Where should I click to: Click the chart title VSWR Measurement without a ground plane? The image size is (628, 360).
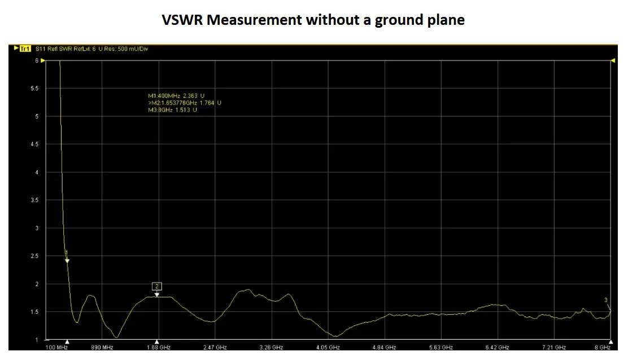[x=313, y=20]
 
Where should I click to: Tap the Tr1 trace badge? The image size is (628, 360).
[x=25, y=49]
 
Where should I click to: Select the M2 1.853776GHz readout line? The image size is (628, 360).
[x=185, y=103]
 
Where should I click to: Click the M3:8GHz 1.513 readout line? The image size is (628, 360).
[x=172, y=110]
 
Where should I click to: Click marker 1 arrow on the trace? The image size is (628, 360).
[x=67, y=260]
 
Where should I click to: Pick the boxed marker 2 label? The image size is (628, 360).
[x=157, y=286]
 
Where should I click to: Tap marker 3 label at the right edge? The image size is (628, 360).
[x=606, y=300]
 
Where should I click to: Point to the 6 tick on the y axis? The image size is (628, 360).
[x=37, y=60]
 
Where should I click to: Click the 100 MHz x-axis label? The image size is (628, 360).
[x=56, y=348]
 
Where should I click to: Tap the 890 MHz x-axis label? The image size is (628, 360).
[x=102, y=348]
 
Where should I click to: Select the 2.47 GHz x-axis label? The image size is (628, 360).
[x=215, y=348]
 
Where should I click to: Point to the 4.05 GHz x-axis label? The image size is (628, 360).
[x=328, y=348]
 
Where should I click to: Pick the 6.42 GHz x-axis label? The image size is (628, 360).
[x=498, y=348]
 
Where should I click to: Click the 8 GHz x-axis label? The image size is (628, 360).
[x=602, y=348]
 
